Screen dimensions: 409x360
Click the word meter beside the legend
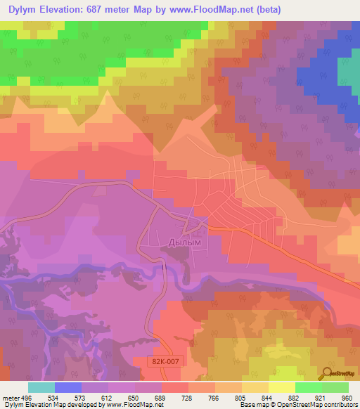(x=10, y=397)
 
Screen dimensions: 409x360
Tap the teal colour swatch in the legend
(x=41, y=387)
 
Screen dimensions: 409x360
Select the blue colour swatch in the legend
(x=68, y=387)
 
